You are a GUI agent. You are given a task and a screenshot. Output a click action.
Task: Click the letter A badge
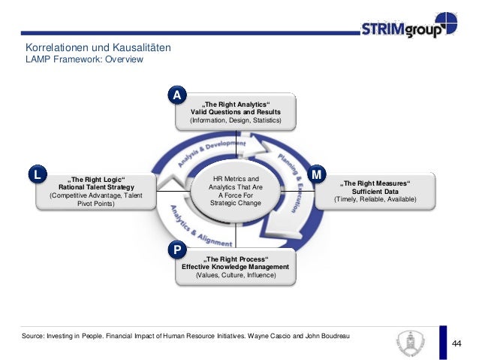pos(176,95)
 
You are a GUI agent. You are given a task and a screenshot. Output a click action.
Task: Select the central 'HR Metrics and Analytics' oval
pos(236,191)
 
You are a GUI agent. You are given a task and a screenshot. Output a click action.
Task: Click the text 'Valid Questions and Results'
pos(236,112)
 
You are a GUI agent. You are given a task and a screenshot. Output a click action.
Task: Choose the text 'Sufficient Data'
pos(375,192)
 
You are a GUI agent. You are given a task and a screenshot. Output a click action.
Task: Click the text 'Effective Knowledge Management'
pos(235,268)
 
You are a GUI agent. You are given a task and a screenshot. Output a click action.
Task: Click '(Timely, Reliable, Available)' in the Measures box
pos(375,200)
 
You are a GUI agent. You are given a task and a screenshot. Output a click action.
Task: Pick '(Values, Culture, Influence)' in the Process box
pos(235,277)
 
